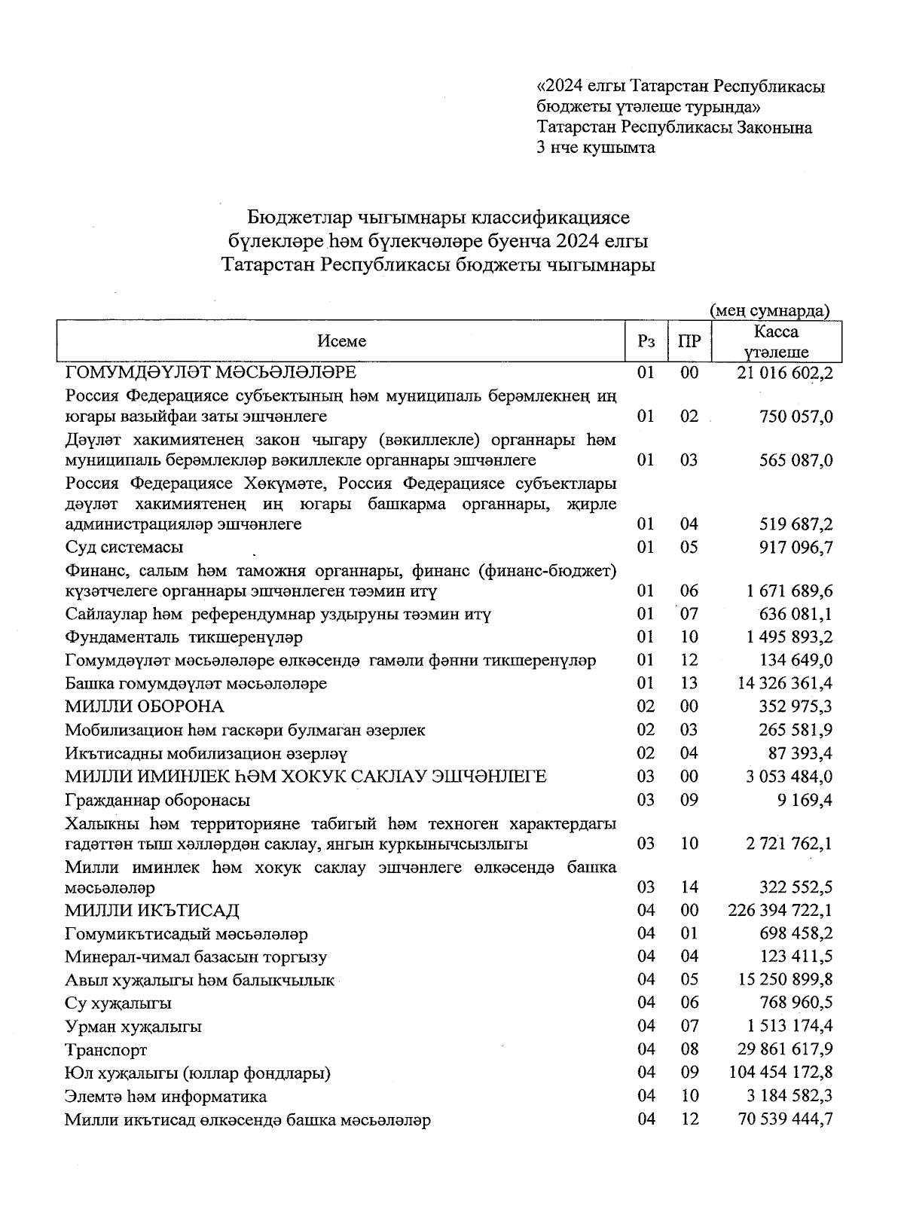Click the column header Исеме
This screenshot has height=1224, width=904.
point(341,341)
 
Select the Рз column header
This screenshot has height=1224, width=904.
point(646,341)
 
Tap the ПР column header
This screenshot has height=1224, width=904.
point(689,341)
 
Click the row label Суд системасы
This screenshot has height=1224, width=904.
point(124,548)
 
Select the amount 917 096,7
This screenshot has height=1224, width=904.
point(796,548)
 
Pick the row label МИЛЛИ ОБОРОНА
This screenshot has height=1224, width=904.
point(145,707)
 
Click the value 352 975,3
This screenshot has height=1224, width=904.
point(796,707)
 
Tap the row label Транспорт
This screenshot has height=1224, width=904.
point(106,1050)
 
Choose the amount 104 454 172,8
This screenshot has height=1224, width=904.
point(780,1073)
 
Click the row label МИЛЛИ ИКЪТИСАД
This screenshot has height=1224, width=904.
point(152,911)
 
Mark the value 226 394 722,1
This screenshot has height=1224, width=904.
point(780,911)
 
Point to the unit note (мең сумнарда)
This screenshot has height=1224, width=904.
point(770,310)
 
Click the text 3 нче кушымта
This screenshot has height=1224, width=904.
point(595,148)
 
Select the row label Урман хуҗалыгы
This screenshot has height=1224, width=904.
point(133,1027)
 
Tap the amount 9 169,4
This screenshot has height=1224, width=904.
point(808,800)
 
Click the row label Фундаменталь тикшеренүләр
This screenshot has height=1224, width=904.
point(184,638)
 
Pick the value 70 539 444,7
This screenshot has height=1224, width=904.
point(785,1120)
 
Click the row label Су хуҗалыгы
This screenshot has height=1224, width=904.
point(118,1003)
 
